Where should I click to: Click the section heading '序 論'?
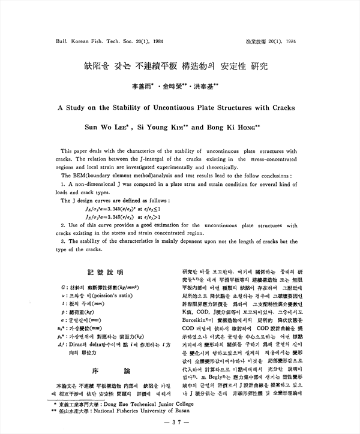104,371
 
